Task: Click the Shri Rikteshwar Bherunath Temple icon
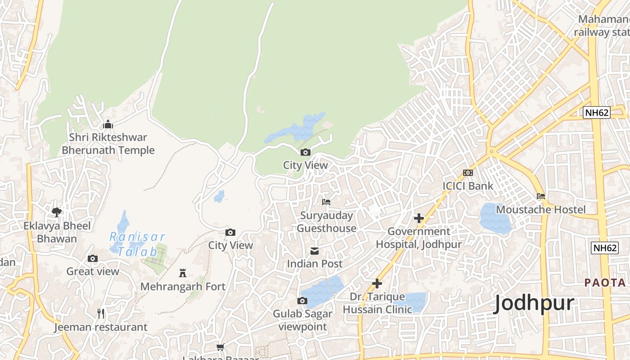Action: coord(108,124)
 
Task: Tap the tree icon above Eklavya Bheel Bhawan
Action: coord(56,212)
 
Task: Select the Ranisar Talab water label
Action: coord(138,244)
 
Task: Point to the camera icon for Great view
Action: coord(93,258)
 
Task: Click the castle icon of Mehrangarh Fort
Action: coord(183,273)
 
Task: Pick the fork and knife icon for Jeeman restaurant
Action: coord(101,314)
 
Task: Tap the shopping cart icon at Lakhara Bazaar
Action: coord(220,347)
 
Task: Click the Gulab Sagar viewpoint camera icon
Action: coord(302,301)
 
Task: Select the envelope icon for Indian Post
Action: coord(315,251)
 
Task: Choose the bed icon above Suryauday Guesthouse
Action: coord(326,202)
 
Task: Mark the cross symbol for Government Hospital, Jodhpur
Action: coord(419,218)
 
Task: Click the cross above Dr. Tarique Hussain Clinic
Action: coord(377,283)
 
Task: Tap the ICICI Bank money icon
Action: coord(468,173)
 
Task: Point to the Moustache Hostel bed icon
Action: coord(541,196)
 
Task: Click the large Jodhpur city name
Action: coord(534,303)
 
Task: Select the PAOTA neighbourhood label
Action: coord(605,283)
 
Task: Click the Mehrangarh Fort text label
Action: coord(183,287)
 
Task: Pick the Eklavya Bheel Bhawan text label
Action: coord(57,232)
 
